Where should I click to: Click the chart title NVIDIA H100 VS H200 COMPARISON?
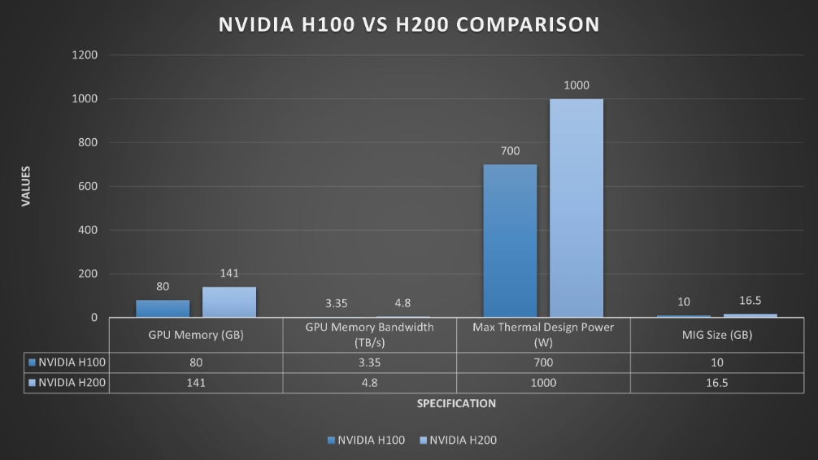409,24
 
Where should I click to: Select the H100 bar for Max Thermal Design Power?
510,241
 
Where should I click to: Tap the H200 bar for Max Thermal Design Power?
577,208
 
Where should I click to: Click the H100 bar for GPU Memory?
163,309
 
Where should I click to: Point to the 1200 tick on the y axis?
86,55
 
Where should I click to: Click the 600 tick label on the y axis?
89,187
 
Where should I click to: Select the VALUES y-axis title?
26,186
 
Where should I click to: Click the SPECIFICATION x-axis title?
456,403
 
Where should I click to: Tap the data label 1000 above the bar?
577,85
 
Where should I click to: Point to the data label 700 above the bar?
510,151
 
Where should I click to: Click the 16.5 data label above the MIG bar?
749,301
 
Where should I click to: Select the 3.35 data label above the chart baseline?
337,303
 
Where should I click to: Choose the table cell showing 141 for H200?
196,383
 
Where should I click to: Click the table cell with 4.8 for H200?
369,383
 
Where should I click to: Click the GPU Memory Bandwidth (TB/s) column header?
369,334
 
